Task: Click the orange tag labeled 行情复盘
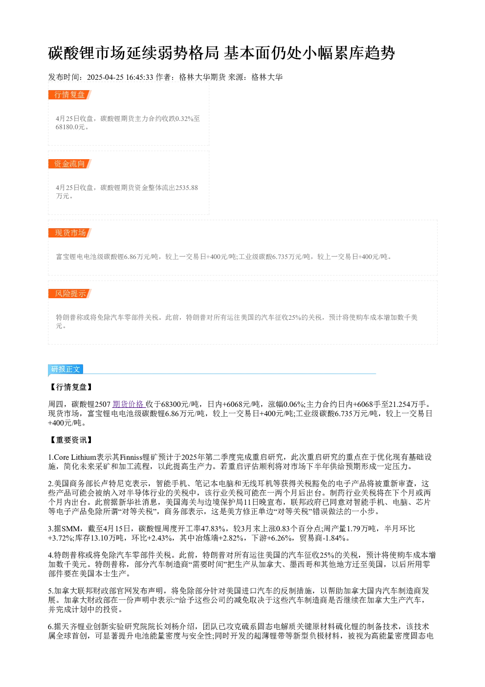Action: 70,95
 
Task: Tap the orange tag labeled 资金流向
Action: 70,164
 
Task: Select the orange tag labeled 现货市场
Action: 70,233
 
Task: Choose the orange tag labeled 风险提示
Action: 70,293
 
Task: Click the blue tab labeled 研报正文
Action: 66,369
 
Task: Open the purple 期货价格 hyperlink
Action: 129,404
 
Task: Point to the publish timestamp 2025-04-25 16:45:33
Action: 120,77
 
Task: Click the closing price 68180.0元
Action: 70,127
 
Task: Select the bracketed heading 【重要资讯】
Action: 71,440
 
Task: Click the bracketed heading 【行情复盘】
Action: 71,387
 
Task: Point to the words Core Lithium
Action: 75,457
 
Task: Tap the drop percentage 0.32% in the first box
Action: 184,118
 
